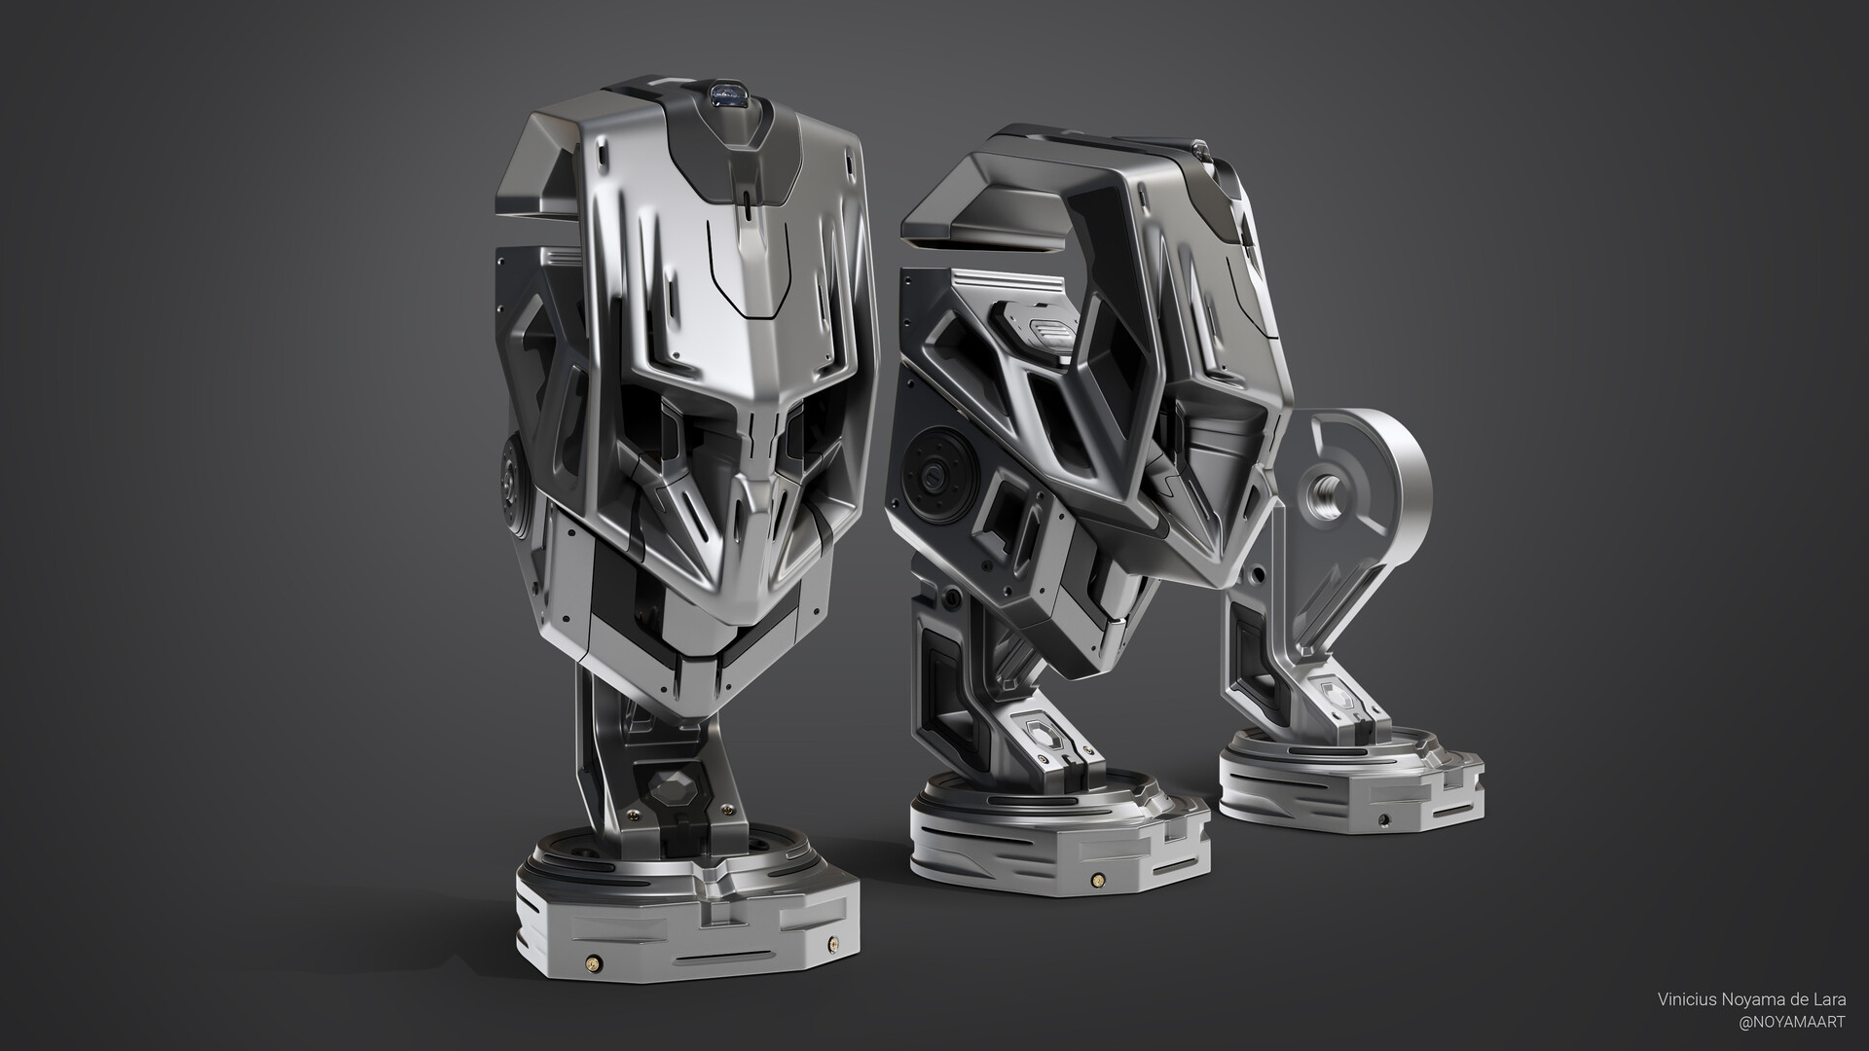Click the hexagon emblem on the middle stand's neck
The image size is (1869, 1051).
(1037, 733)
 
